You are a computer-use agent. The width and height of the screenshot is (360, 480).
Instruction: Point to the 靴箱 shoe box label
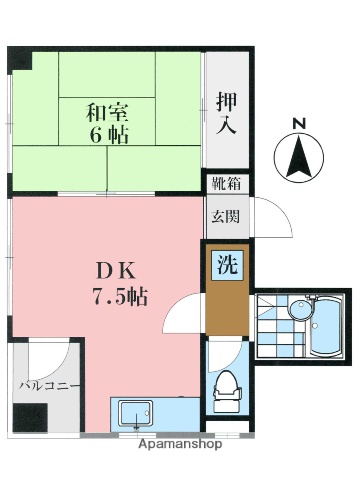tap(226, 184)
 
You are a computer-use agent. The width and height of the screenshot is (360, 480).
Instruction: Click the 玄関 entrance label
tap(226, 215)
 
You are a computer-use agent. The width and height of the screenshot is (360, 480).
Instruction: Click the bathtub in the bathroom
tap(328, 328)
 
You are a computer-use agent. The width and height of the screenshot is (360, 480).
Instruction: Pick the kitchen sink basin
tap(136, 412)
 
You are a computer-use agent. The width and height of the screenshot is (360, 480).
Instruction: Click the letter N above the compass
tap(297, 123)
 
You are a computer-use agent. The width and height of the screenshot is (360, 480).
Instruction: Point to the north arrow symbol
tap(297, 158)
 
